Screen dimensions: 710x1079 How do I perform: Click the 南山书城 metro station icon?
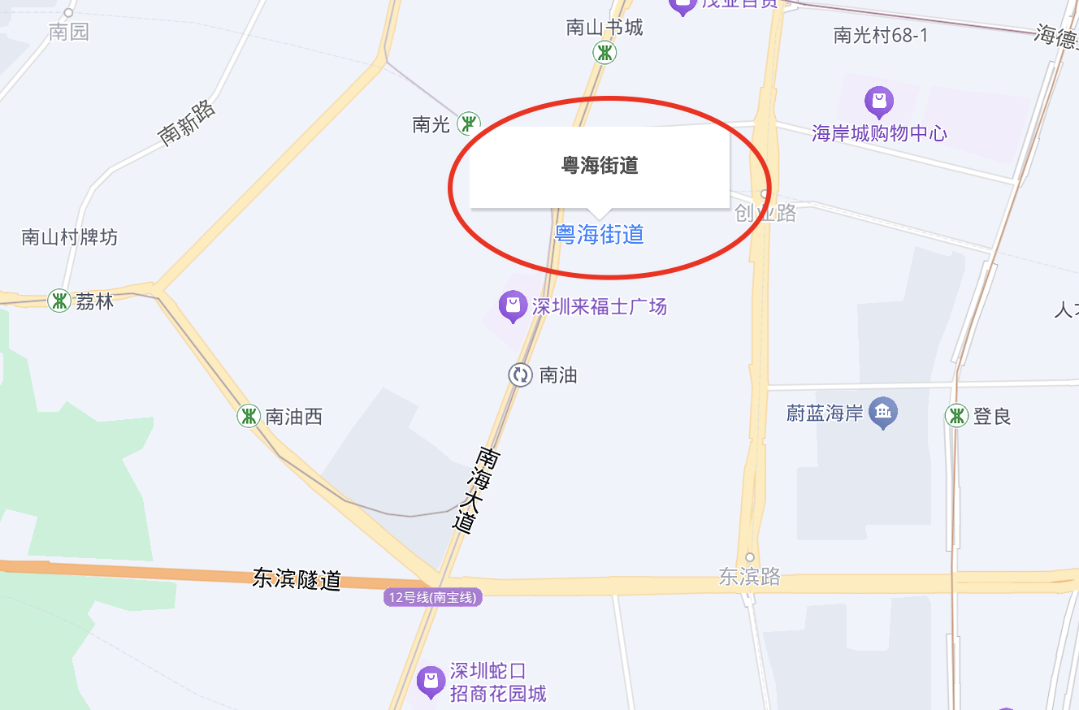[x=604, y=54]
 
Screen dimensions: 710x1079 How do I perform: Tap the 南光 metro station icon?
[x=468, y=123]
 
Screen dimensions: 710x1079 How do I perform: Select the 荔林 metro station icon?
[x=58, y=301]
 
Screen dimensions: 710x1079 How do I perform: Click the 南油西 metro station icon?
[x=249, y=417]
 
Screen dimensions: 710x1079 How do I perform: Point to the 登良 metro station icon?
[x=957, y=417]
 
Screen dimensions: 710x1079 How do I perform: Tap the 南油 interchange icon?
[x=520, y=374]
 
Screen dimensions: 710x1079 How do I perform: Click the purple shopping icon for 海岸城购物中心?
[x=879, y=102]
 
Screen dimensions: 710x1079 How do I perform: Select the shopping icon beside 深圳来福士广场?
[x=512, y=306]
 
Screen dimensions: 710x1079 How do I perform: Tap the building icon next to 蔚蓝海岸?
[x=883, y=413]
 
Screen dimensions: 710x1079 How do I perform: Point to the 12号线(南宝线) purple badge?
[x=434, y=598]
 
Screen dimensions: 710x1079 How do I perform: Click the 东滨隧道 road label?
[x=297, y=578]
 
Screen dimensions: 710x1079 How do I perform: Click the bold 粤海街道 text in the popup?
[x=600, y=166]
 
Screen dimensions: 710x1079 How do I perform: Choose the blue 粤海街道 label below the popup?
[x=599, y=235]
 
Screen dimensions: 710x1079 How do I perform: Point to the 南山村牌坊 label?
[x=70, y=237]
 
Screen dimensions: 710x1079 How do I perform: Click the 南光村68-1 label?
[x=881, y=35]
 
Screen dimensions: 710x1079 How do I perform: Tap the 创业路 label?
[x=765, y=213]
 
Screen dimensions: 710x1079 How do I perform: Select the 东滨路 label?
[x=749, y=576]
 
